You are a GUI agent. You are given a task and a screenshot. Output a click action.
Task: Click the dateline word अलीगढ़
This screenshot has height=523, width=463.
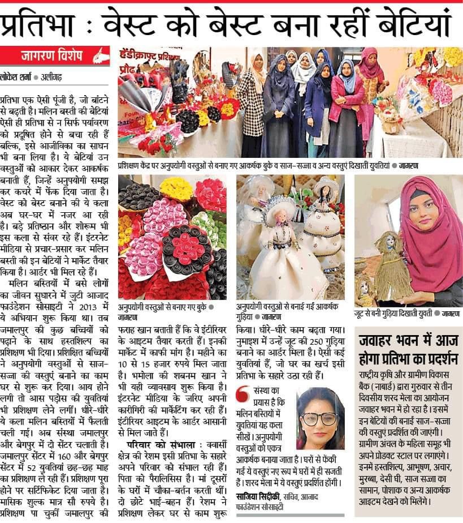51,76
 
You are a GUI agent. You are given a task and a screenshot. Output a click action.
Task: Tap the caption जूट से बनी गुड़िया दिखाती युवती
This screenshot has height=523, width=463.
390,313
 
